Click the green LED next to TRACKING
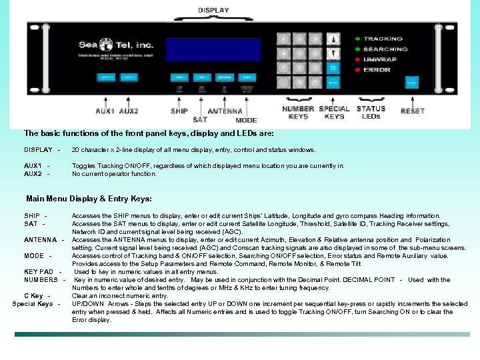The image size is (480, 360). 357,39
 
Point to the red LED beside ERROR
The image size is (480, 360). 357,69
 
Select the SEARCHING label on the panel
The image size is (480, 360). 385,49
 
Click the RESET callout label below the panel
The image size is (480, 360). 413,111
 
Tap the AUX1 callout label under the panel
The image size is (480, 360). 105,111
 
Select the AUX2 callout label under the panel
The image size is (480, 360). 129,111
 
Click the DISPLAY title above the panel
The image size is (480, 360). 213,10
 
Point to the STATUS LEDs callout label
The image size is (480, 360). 371,112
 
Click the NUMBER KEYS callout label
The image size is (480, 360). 298,113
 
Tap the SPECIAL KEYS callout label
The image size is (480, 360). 334,113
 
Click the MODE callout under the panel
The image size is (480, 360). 246,120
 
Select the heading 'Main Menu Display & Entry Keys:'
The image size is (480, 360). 89,199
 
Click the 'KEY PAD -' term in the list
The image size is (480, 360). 43,272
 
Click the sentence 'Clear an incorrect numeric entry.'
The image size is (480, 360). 120,296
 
